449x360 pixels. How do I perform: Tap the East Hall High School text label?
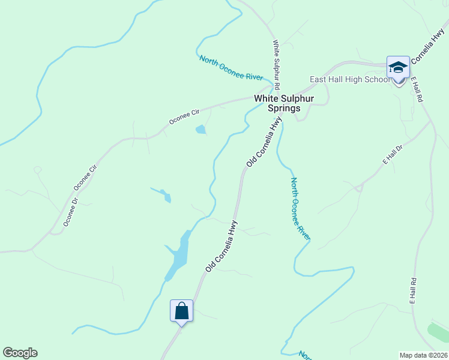click(349, 79)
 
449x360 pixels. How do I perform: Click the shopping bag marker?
click(181, 311)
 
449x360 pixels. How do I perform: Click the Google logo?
click(20, 353)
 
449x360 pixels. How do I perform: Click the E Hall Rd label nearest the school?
click(418, 88)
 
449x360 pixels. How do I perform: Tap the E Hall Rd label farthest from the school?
click(414, 291)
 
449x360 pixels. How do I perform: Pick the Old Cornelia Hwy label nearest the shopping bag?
click(221, 247)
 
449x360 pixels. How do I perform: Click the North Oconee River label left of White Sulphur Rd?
click(231, 68)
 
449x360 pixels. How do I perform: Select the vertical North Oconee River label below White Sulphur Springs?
click(300, 208)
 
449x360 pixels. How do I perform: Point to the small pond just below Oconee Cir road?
click(200, 129)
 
